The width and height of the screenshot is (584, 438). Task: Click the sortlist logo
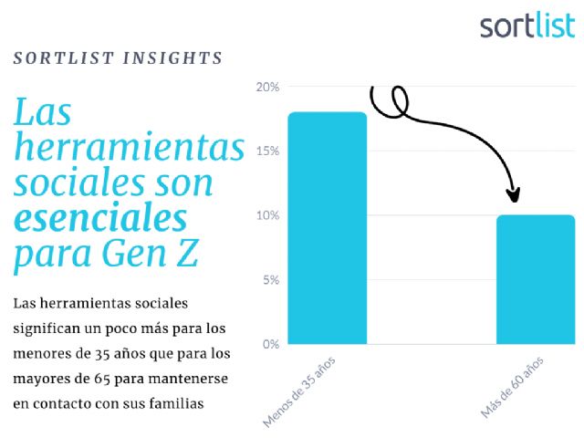pyautogui.click(x=527, y=26)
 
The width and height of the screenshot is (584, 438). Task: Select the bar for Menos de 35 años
pyautogui.click(x=328, y=228)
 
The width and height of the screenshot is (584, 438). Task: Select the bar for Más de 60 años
pyautogui.click(x=536, y=279)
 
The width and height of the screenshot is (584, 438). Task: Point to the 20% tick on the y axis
pyautogui.click(x=267, y=88)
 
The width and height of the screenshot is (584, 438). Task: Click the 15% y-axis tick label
pyautogui.click(x=267, y=151)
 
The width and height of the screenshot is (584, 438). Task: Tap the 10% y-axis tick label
pyautogui.click(x=267, y=216)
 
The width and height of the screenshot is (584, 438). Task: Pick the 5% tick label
pyautogui.click(x=270, y=280)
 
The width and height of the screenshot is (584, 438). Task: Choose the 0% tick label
pyautogui.click(x=270, y=344)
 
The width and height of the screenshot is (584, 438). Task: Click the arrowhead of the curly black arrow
pyautogui.click(x=514, y=194)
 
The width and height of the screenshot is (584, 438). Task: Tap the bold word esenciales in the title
pyautogui.click(x=100, y=219)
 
